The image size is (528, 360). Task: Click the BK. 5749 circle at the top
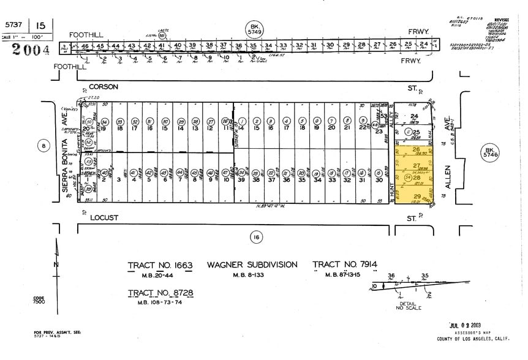[x=254, y=28]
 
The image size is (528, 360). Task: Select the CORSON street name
[x=103, y=88]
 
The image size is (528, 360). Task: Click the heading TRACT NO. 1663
[x=160, y=265]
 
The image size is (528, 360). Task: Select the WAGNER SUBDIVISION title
[x=252, y=265]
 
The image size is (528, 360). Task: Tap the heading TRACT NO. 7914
[x=344, y=264]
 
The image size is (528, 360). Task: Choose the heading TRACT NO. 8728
[x=160, y=294]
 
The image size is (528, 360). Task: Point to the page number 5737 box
[x=15, y=25]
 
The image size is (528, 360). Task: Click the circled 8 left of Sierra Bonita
[x=42, y=145]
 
